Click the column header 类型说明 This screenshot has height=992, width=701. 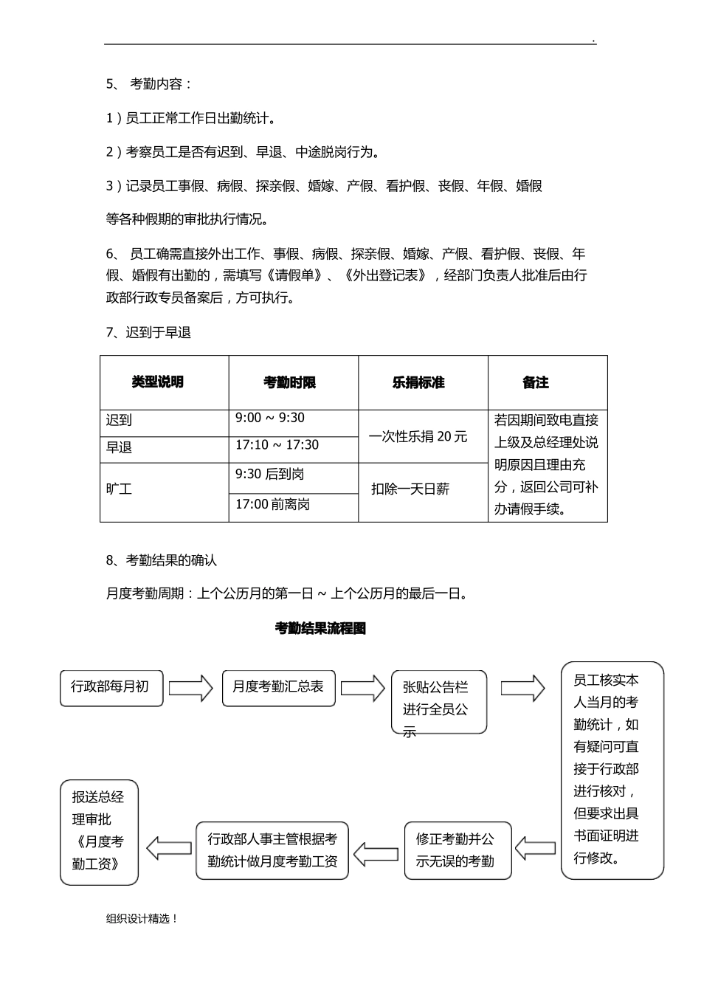(157, 382)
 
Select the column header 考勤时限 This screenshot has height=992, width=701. (289, 382)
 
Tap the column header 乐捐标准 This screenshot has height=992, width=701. (418, 382)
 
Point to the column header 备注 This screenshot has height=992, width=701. (536, 382)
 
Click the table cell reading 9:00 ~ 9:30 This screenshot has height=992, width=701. (270, 418)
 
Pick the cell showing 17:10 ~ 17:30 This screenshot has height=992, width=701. (277, 445)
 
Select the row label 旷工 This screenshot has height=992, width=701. (119, 489)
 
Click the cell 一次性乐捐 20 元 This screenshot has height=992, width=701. (418, 436)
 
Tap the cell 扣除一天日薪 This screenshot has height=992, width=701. (410, 489)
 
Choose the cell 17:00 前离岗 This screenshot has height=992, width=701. (272, 505)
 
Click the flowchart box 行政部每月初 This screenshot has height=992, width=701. (111, 687)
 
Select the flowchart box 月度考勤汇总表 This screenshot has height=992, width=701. (278, 687)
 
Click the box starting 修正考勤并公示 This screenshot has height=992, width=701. (457, 850)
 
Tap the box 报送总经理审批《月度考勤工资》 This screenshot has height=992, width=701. (99, 831)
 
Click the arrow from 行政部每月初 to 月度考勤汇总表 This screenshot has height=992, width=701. (191, 688)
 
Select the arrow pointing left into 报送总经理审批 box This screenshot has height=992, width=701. (168, 847)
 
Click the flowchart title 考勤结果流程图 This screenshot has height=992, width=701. (320, 629)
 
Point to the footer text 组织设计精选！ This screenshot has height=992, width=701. (142, 919)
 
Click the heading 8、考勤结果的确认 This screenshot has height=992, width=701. (162, 560)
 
